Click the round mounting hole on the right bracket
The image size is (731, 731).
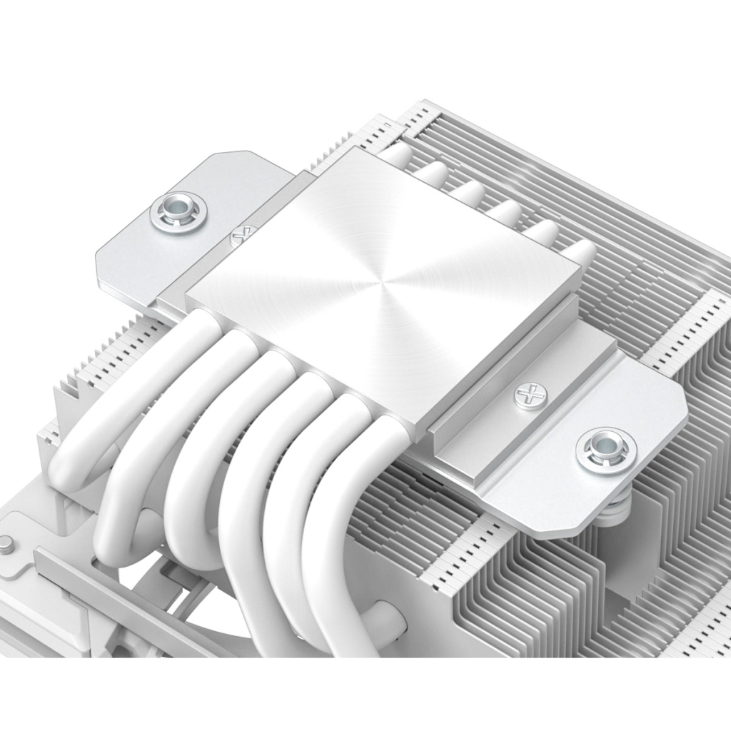[x=606, y=449]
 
